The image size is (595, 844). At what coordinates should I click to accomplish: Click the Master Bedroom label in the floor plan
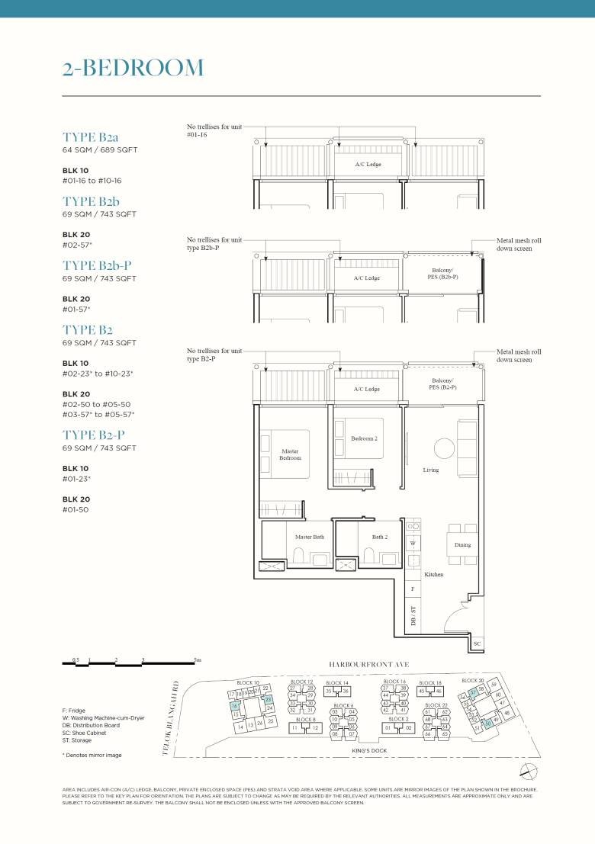(x=289, y=454)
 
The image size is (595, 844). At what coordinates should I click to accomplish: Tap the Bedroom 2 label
(x=364, y=439)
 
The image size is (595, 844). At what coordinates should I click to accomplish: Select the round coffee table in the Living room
(x=442, y=448)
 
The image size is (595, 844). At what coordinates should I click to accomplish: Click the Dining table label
(x=462, y=545)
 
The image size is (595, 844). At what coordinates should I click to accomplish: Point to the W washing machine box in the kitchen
(x=413, y=544)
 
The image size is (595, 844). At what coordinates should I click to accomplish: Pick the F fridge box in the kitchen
(x=413, y=589)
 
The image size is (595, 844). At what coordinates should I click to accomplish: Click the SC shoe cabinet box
(x=478, y=644)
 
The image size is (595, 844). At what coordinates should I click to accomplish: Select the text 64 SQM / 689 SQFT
(x=99, y=150)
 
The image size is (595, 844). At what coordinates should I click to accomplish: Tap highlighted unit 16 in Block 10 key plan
(x=235, y=707)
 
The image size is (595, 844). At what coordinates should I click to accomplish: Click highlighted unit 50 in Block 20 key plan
(x=488, y=723)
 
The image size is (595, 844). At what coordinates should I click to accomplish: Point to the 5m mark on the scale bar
(x=198, y=659)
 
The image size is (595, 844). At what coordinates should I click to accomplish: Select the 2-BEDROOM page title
(x=133, y=68)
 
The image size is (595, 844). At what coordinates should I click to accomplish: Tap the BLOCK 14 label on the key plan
(x=337, y=682)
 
